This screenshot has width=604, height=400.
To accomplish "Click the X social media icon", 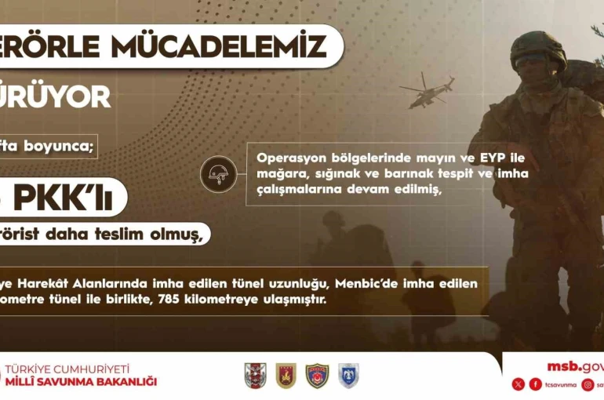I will pos(518,384).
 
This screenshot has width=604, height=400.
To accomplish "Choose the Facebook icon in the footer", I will pos(536,384).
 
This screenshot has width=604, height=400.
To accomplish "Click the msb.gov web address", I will pos(575,366).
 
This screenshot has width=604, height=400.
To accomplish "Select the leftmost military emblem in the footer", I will pos(256,376).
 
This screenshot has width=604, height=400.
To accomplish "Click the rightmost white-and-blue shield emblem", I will pos(348,376).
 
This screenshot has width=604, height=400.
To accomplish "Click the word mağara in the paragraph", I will pos(279,173).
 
